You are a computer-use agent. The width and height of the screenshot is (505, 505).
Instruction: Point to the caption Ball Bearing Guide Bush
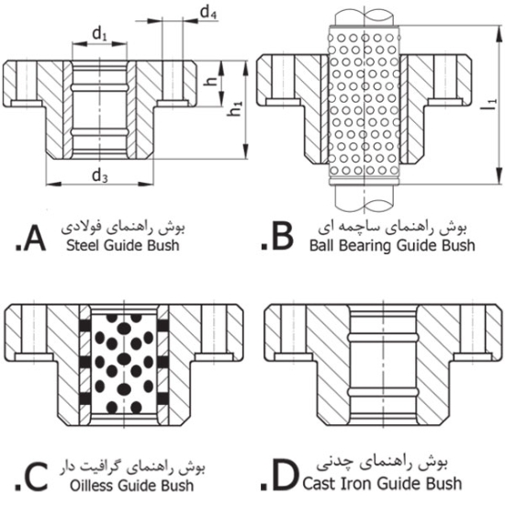click(390, 245)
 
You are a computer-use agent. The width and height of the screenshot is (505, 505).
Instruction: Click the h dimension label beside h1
click(212, 80)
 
